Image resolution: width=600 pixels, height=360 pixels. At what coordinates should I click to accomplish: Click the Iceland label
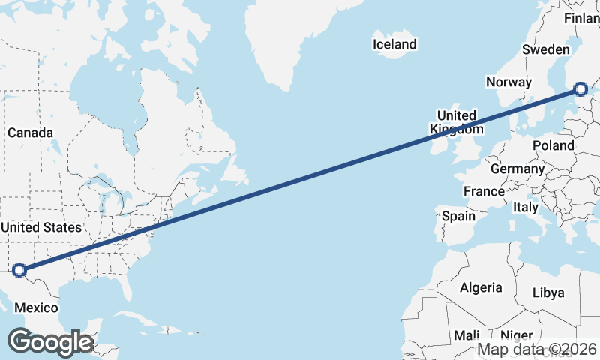394,45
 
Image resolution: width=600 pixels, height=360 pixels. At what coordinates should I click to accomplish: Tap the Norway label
508,82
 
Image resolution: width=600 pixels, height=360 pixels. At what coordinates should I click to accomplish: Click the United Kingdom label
456,122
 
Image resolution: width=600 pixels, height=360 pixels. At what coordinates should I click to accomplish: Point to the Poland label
553,145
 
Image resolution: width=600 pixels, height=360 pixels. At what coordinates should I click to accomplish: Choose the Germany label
517,169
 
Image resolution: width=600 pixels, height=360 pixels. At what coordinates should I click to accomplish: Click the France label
484,192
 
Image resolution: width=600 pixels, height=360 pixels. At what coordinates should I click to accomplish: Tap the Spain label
458,217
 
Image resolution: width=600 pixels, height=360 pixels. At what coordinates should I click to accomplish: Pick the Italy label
526,206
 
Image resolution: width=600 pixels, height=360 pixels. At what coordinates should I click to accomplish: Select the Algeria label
481,287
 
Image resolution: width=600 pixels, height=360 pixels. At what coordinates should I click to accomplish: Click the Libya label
547,292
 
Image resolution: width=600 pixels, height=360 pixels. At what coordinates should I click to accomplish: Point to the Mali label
466,335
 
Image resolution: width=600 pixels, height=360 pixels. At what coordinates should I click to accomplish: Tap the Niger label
516,335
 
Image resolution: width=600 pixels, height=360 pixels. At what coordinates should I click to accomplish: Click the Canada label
31,133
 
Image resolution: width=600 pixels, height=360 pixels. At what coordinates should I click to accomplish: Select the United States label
40,227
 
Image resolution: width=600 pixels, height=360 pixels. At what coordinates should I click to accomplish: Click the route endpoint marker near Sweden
580,90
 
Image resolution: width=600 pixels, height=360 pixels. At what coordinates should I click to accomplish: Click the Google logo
50,342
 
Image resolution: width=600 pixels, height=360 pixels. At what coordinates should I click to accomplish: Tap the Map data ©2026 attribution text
537,349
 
